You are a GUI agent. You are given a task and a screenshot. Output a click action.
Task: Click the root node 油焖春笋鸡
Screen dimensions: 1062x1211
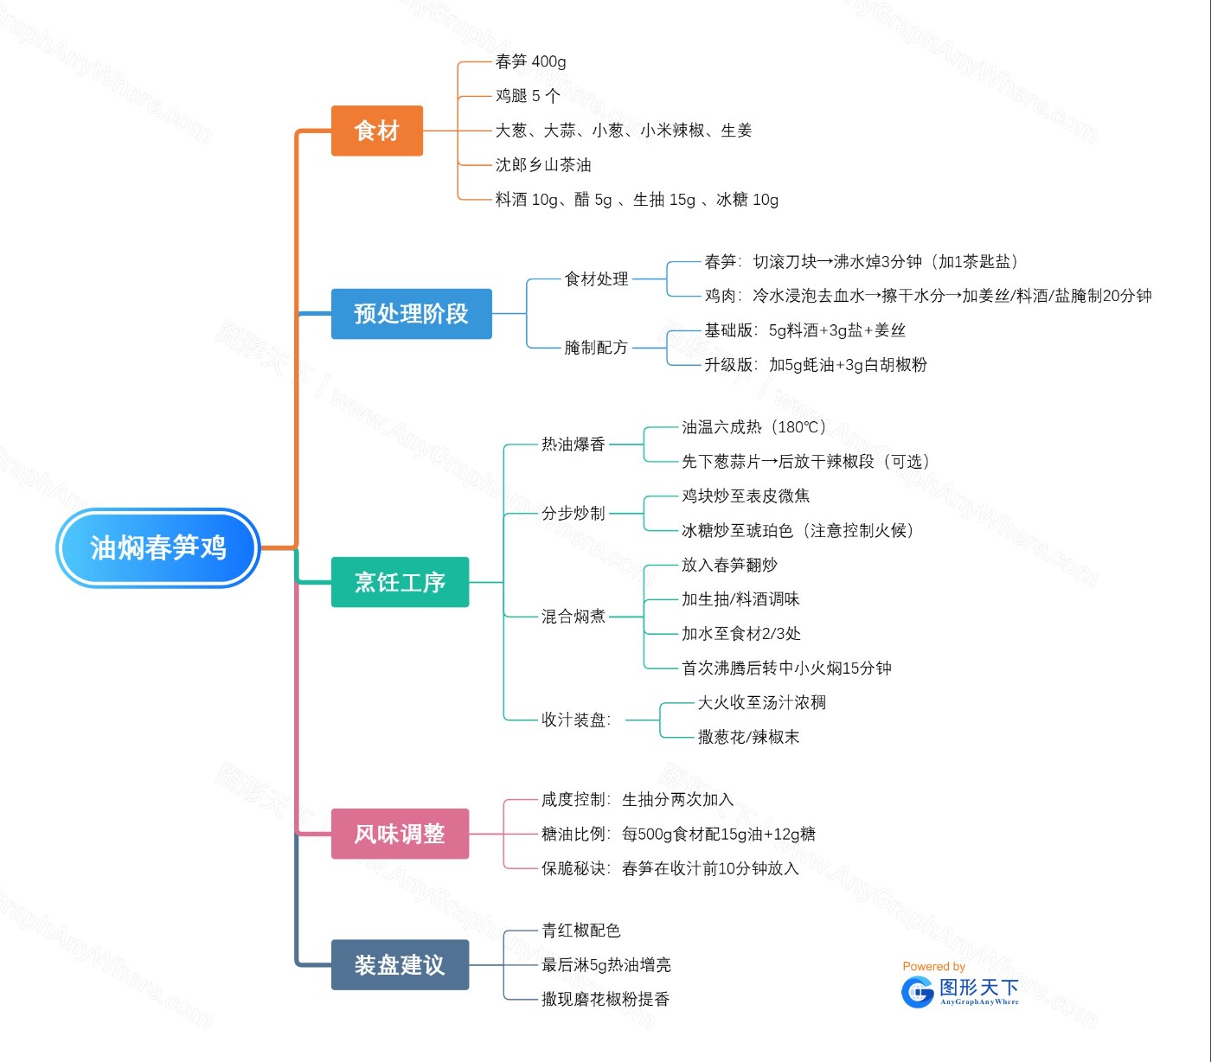point(158,547)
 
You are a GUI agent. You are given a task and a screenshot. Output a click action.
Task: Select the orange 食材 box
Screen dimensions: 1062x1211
point(376,131)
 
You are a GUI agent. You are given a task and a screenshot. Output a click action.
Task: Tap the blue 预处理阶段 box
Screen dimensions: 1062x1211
point(411,313)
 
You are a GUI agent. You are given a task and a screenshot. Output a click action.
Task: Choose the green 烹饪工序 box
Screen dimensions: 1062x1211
point(400,582)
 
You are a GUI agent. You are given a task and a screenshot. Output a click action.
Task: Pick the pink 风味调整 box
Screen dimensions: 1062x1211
point(400,834)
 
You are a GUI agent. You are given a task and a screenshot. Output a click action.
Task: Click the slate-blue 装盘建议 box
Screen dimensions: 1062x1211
point(400,964)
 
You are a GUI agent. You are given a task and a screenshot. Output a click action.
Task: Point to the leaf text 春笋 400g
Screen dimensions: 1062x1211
point(530,61)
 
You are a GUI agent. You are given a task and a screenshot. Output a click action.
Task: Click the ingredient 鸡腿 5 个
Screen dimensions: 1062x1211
point(528,96)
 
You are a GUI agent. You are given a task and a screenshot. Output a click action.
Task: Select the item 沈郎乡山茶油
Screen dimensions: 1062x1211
point(543,164)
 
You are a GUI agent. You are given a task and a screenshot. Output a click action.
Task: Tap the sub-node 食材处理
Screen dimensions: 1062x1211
point(596,278)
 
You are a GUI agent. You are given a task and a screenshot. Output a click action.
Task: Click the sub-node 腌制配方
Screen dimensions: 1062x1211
point(596,348)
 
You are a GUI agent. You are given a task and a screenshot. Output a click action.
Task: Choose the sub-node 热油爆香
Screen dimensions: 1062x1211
point(573,444)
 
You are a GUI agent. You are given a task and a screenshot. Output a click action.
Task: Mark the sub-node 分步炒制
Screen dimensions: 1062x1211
point(573,513)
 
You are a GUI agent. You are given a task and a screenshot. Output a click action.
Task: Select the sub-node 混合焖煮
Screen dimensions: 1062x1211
point(573,616)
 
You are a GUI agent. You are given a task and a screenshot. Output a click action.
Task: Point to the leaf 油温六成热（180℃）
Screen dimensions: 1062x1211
point(753,426)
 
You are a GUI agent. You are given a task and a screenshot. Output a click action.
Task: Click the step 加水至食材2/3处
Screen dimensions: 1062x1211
point(741,633)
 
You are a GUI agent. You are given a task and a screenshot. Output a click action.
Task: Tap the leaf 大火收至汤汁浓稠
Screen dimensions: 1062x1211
point(761,702)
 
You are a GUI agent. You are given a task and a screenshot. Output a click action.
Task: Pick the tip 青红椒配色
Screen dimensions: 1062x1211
point(580,930)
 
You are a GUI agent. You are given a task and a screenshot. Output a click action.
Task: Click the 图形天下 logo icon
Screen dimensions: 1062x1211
point(917,992)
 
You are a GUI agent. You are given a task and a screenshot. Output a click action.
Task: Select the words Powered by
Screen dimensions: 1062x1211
point(933,966)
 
